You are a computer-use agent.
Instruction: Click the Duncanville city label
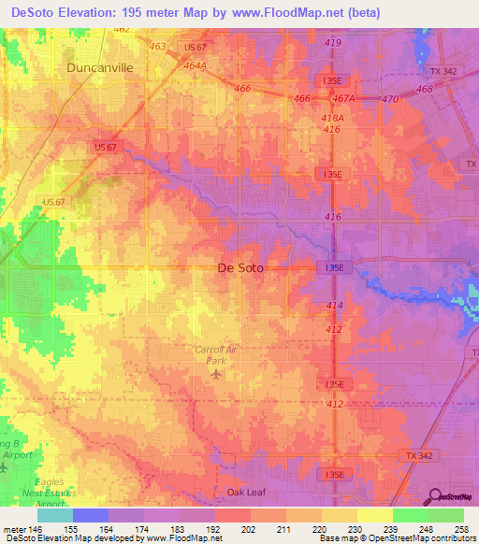[x=100, y=68]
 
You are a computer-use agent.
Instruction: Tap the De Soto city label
[x=239, y=268]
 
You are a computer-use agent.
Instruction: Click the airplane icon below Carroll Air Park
[x=217, y=374]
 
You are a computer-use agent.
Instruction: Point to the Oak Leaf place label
[x=247, y=492]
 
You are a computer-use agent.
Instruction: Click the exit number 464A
[x=194, y=65]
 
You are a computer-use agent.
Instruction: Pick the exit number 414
[x=334, y=306]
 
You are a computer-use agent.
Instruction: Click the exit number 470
[x=389, y=98]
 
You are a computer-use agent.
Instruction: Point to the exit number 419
[x=332, y=44]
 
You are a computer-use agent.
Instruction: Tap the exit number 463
[x=157, y=46]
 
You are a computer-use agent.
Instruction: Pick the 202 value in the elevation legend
[x=247, y=527]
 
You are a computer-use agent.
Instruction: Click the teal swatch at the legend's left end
[x=55, y=514]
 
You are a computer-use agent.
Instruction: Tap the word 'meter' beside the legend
[x=14, y=527]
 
